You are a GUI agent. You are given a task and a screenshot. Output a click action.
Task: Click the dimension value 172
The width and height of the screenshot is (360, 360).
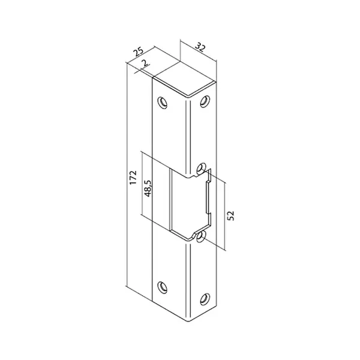[133, 177]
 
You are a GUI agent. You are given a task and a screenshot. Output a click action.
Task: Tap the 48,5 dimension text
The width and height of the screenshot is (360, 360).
[148, 188]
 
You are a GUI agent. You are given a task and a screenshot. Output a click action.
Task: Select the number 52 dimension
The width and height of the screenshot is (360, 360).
[232, 215]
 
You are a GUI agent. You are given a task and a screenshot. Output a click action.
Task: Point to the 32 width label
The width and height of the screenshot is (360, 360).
[200, 48]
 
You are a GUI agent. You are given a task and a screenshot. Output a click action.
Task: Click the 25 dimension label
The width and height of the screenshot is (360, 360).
[139, 52]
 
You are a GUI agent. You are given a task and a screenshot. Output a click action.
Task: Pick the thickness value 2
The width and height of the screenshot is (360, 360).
[145, 62]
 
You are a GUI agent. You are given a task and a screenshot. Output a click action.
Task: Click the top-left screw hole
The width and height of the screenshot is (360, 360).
[163, 103]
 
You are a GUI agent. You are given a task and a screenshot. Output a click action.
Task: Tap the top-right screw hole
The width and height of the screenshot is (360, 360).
[205, 101]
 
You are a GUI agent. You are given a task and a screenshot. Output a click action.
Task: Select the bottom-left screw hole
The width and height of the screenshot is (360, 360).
[163, 287]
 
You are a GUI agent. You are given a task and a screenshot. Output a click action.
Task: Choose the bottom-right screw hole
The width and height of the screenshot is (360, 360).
[205, 299]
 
